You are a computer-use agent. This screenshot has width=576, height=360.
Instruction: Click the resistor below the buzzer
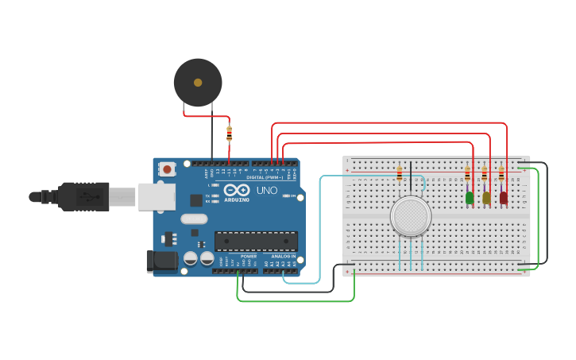click(230, 134)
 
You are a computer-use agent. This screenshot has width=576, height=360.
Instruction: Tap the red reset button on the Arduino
click(167, 168)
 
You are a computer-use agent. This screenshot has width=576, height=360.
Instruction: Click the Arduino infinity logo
click(236, 190)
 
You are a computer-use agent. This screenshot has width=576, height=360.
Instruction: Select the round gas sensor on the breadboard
click(411, 216)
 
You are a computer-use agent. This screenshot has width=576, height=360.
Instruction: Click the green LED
click(470, 197)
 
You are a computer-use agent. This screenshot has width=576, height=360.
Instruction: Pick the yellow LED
click(486, 197)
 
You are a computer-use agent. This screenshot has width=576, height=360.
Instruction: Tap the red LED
click(504, 197)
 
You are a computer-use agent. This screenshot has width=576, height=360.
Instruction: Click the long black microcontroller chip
click(256, 241)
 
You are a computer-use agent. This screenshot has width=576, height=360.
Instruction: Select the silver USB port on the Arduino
click(157, 196)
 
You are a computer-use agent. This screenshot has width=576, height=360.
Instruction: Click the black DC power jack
click(160, 261)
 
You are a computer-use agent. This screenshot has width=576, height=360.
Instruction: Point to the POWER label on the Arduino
click(249, 257)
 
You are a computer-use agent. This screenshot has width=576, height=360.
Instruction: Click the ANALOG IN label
click(283, 257)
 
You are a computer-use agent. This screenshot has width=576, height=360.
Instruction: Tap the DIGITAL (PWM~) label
click(267, 176)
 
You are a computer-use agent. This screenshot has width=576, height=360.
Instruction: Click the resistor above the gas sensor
click(400, 174)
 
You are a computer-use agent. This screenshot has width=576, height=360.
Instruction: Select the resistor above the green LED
click(467, 174)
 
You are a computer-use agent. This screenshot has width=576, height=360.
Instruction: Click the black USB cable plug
click(83, 196)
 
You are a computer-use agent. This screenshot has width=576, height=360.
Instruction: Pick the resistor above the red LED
click(501, 174)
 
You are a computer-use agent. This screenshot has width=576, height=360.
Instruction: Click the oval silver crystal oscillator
click(194, 219)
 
